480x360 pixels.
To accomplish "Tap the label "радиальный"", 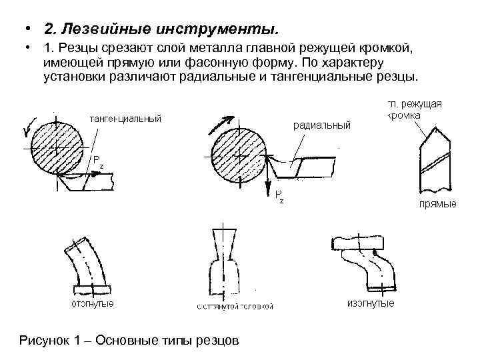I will (x=321, y=125).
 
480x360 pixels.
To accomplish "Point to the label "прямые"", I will (x=437, y=203).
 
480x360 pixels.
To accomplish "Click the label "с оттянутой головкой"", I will (x=235, y=307).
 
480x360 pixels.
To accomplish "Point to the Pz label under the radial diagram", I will (x=279, y=195).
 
